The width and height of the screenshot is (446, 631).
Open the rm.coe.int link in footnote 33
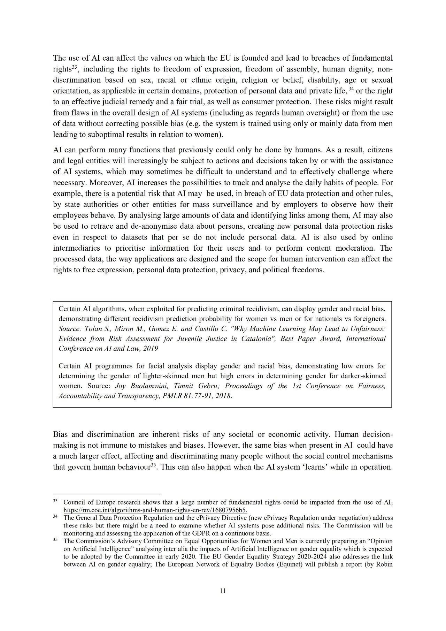155,510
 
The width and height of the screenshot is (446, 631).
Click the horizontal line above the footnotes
107,494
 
